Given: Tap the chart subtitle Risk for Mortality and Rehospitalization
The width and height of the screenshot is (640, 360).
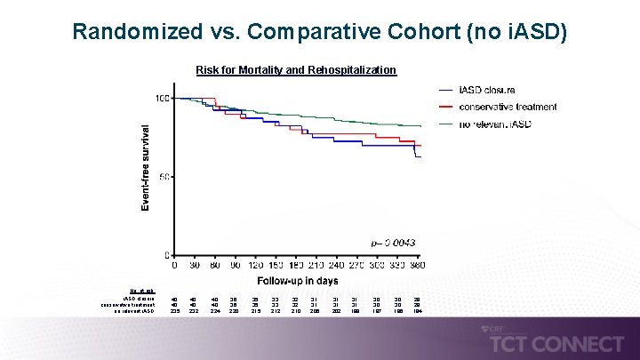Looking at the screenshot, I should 296,69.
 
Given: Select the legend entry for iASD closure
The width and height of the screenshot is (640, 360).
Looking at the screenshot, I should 486,90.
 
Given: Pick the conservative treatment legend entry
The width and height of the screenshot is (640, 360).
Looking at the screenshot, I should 508,107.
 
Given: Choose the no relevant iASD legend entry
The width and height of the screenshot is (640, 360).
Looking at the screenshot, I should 495,124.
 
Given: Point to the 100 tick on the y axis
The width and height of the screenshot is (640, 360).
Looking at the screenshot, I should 162,98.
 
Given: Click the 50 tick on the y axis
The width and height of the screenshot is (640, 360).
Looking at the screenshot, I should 164,177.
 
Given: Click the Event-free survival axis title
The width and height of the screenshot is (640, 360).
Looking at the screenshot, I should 145,166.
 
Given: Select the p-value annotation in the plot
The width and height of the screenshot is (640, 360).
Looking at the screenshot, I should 393,243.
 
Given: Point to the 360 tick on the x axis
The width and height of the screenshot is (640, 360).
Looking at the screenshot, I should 416,265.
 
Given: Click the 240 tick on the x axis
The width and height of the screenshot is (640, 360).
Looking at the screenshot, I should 337,265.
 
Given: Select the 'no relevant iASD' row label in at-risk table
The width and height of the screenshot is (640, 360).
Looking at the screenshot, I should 133,311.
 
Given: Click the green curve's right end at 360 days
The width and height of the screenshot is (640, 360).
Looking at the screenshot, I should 420,126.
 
